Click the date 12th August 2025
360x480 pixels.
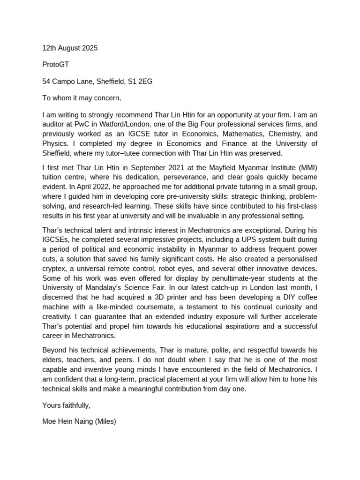click(70, 48)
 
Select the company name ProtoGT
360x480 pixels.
click(56, 65)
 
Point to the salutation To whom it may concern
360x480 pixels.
click(82, 98)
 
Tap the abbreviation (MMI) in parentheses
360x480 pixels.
click(307, 168)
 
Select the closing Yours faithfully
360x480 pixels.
click(66, 405)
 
